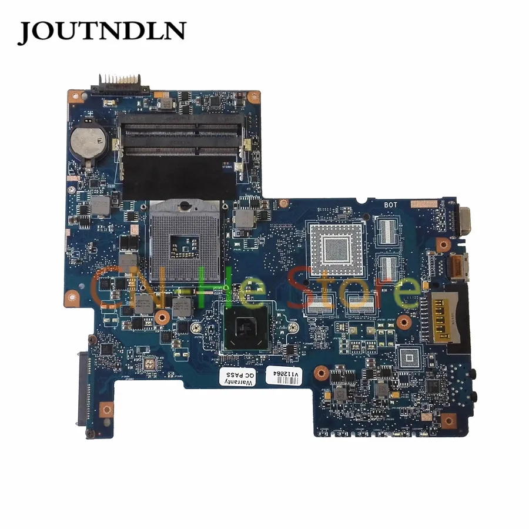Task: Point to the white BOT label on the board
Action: pyautogui.click(x=391, y=205)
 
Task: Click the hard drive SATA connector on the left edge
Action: pyautogui.click(x=82, y=381)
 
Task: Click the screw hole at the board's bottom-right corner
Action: pyautogui.click(x=448, y=419)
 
